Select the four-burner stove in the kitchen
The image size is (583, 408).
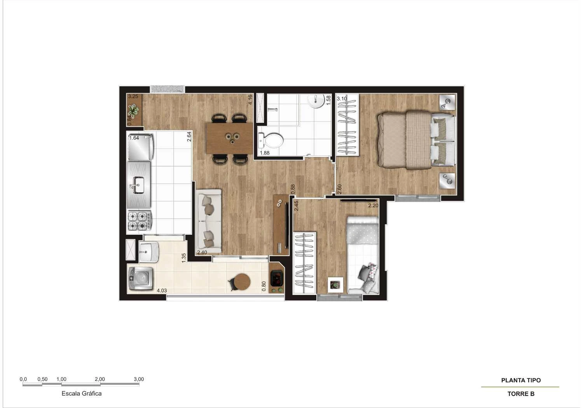[139, 221]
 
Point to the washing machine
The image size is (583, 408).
[140, 278]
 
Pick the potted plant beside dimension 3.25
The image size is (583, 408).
[133, 112]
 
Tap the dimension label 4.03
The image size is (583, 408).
[162, 290]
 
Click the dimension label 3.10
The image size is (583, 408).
[342, 99]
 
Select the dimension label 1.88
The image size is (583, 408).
[265, 153]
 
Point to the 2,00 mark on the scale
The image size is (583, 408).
[99, 379]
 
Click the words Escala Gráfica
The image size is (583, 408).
[82, 393]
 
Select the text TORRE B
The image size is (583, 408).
[521, 394]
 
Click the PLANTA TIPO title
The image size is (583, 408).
[521, 380]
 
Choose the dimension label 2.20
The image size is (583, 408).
[373, 206]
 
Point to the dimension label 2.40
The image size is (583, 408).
[202, 253]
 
